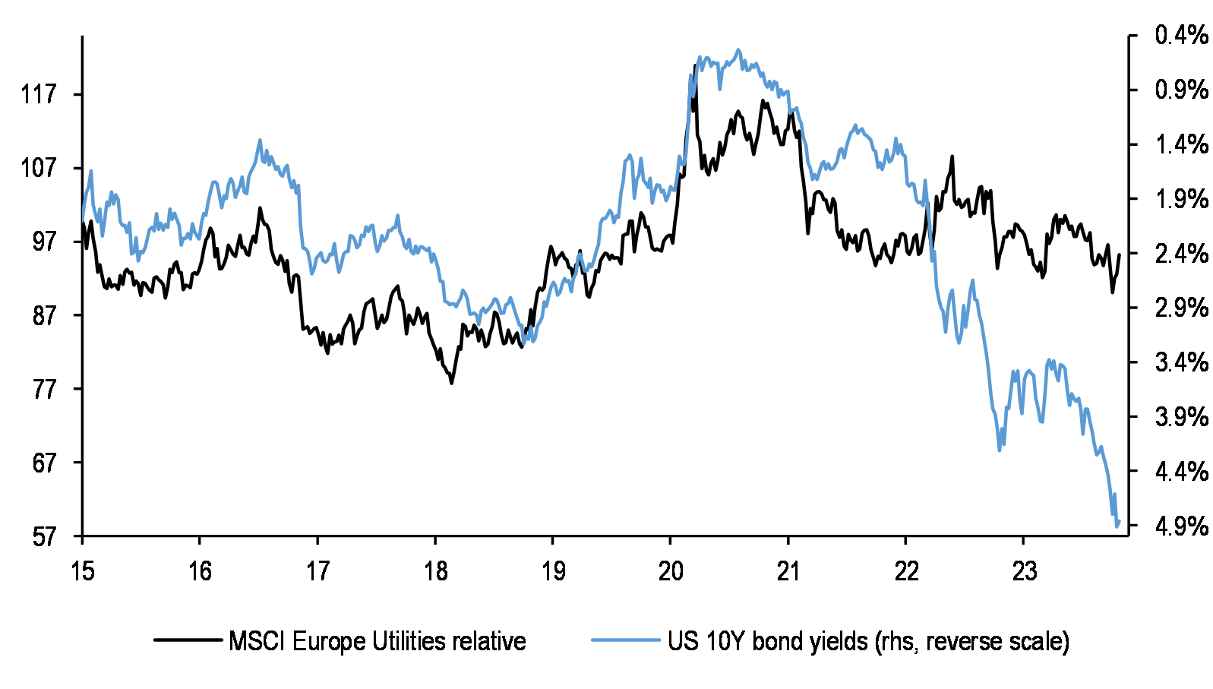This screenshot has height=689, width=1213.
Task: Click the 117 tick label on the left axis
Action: coord(39,94)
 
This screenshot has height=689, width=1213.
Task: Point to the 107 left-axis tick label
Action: coord(39,168)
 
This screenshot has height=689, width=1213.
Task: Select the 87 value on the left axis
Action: coord(44,315)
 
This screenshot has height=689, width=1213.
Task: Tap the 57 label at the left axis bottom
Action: coord(44,537)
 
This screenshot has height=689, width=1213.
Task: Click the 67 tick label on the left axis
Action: coord(44,463)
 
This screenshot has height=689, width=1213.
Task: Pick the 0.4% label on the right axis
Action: coord(1180,35)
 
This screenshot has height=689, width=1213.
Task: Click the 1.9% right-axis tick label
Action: coord(1180,199)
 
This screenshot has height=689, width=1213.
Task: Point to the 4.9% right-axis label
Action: coord(1180,526)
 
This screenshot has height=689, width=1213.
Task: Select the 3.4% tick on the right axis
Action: coord(1180,362)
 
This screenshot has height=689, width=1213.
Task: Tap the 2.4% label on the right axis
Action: coord(1180,254)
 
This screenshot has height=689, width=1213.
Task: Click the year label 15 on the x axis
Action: coord(82,570)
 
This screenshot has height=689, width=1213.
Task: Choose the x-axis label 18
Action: coord(435,570)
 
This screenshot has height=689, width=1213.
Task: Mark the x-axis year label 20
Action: coord(671,570)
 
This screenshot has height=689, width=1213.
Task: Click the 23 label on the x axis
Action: coord(1024,570)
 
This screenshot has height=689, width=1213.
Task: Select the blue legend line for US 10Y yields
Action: coord(625,640)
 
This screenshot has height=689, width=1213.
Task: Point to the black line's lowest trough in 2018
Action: coord(451,383)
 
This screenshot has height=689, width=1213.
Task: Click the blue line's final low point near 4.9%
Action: coord(1117,526)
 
